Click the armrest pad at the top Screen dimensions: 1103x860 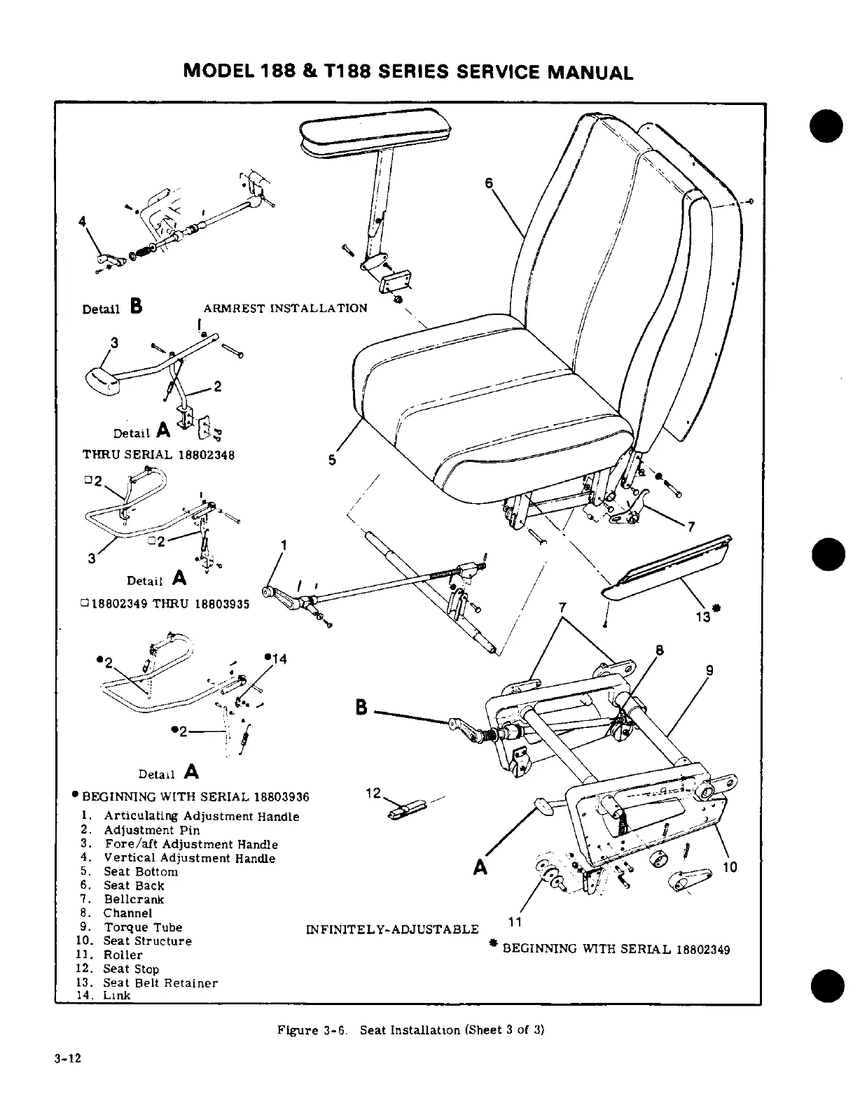coord(375,134)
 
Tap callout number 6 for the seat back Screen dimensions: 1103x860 coord(489,183)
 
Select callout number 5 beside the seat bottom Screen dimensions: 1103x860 coord(333,460)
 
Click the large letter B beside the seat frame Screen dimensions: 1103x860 coord(361,708)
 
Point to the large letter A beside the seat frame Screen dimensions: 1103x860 coord(480,867)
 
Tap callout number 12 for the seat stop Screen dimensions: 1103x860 coord(373,793)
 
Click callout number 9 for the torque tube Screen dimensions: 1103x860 coord(710,670)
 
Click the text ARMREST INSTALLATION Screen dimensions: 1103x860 coord(285,308)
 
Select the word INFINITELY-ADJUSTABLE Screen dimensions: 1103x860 coord(392,929)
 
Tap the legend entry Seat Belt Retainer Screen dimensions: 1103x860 coord(160,983)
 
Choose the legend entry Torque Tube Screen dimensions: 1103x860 coord(143,927)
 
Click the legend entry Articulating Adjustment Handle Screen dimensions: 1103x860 coord(201,816)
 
